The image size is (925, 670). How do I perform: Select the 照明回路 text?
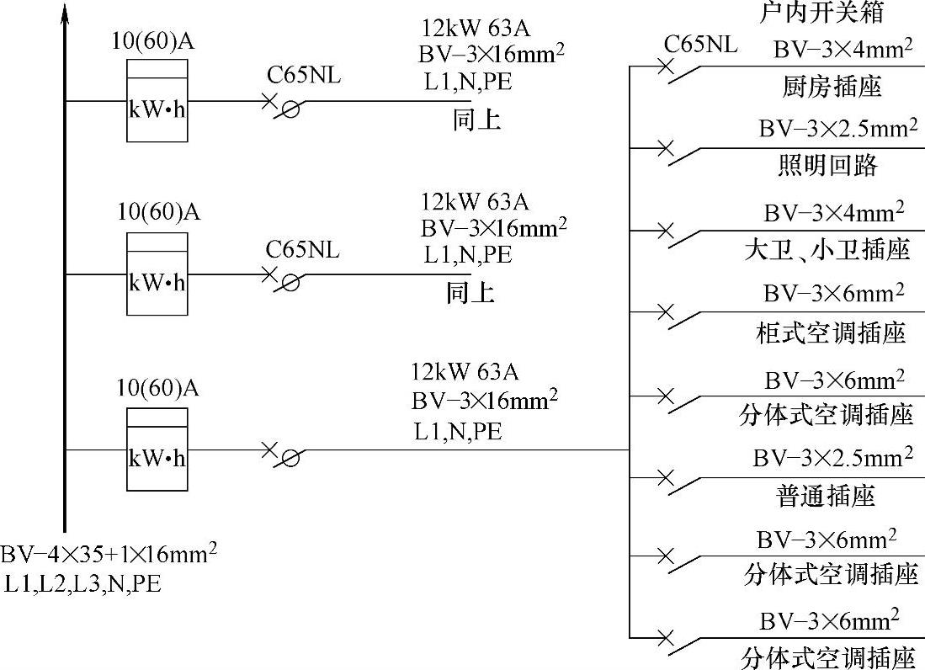coord(827,166)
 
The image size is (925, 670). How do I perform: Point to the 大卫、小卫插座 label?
coord(827,250)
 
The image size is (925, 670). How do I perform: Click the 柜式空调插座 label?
coord(831,333)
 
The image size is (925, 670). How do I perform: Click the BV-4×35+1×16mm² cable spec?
coord(109,554)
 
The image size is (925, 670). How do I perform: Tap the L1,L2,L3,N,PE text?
coord(82,582)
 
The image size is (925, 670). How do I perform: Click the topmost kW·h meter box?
coord(157,100)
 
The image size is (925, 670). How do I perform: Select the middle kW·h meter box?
coord(157,274)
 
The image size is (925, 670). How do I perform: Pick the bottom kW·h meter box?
coord(157,449)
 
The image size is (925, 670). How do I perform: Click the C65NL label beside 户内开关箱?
coord(700,44)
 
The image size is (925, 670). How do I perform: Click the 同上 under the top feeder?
coord(476,120)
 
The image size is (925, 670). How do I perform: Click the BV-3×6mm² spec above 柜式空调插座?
coord(833,293)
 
